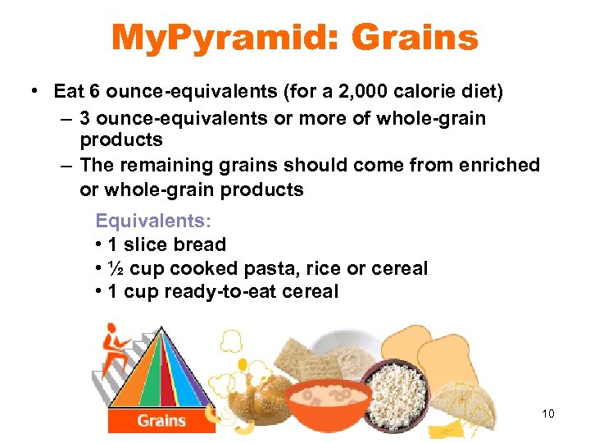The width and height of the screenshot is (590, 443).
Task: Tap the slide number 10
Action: point(548,413)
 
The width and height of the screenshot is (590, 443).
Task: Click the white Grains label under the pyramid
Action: point(161,421)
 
